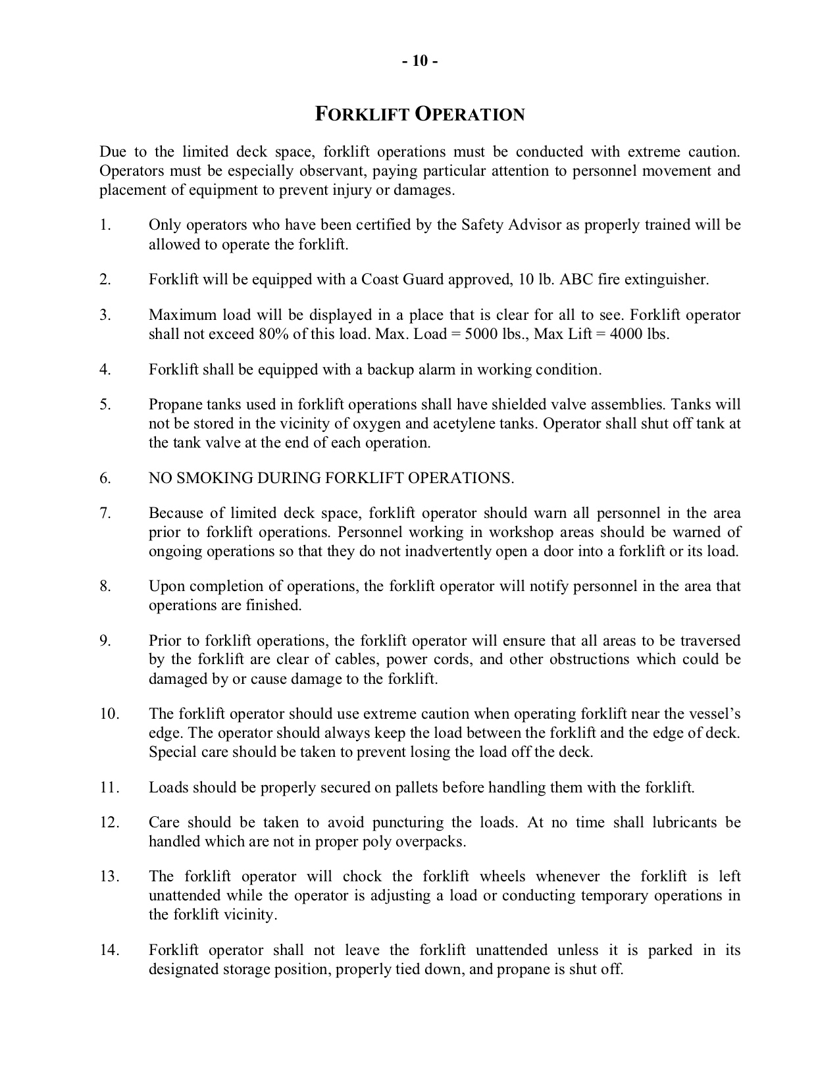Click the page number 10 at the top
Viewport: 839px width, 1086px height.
point(420,61)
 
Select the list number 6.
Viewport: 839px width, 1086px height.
point(105,478)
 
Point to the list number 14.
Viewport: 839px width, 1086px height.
point(109,950)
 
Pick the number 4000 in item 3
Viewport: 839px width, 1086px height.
point(627,334)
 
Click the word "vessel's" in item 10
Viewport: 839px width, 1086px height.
point(713,714)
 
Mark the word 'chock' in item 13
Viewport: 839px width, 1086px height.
point(362,877)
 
